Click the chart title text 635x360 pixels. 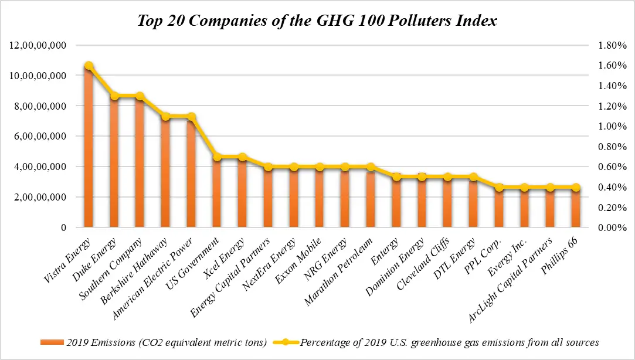tap(317, 21)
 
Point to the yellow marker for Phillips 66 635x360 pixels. tap(576, 188)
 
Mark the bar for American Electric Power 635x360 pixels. tap(191, 173)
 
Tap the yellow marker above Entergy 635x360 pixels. tap(396, 177)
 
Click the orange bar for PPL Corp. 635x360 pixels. tap(498, 208)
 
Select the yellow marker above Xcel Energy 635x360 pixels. tap(242, 157)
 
